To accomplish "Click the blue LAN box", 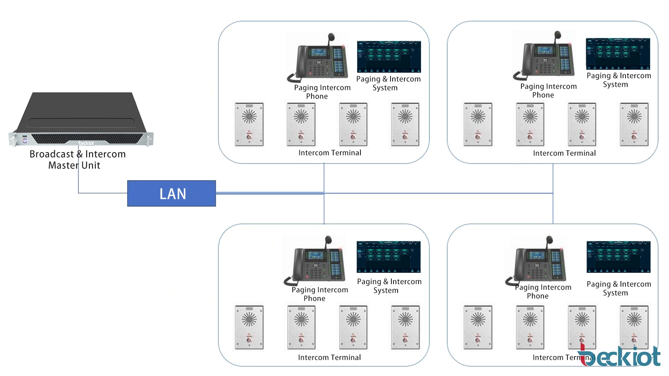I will pos(171,193).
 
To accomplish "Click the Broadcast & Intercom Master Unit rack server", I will pos(81,121).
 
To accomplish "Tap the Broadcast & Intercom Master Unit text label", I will pos(77,160).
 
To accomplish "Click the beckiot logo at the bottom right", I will pos(621,356).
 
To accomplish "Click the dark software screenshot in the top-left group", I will pos(389,57).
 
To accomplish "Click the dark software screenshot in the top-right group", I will pos(618,54).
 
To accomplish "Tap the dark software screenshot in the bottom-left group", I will pos(388,257).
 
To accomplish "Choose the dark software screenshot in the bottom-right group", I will pos(618,257).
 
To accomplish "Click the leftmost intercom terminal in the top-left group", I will pos(249,124).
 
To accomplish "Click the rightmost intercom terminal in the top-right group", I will pos(634,124).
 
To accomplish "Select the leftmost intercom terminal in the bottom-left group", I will pos(249,327).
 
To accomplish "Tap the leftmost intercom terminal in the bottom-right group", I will pos(478,327).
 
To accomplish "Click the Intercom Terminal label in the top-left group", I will pos(329,153).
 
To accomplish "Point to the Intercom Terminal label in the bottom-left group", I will pos(329,358).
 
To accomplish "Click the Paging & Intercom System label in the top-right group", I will pos(618,80).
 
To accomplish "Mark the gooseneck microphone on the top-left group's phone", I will pos(332,40).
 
